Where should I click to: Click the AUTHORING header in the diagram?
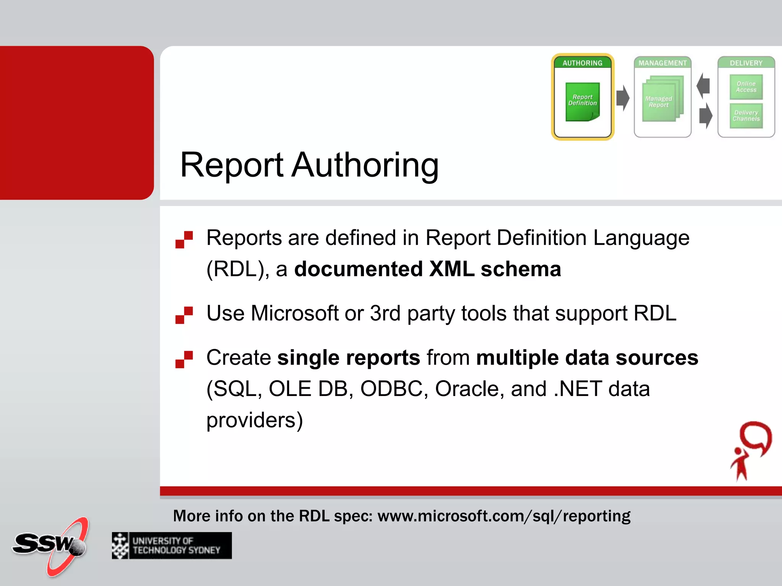pos(582,63)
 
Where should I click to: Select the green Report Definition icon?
pos(582,102)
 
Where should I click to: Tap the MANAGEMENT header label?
pos(662,63)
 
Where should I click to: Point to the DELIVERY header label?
pos(746,63)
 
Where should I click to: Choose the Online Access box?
pos(746,87)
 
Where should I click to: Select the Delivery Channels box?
pos(746,116)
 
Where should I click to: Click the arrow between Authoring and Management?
pos(623,98)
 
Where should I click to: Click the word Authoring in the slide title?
pos(365,165)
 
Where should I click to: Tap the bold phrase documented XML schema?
pos(428,269)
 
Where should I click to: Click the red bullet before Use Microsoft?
pos(184,315)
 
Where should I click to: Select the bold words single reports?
pos(349,358)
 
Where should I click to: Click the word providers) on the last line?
pos(255,420)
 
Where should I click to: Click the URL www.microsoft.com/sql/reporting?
pos(504,516)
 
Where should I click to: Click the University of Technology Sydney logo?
pos(171,546)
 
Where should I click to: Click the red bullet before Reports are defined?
pos(184,240)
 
